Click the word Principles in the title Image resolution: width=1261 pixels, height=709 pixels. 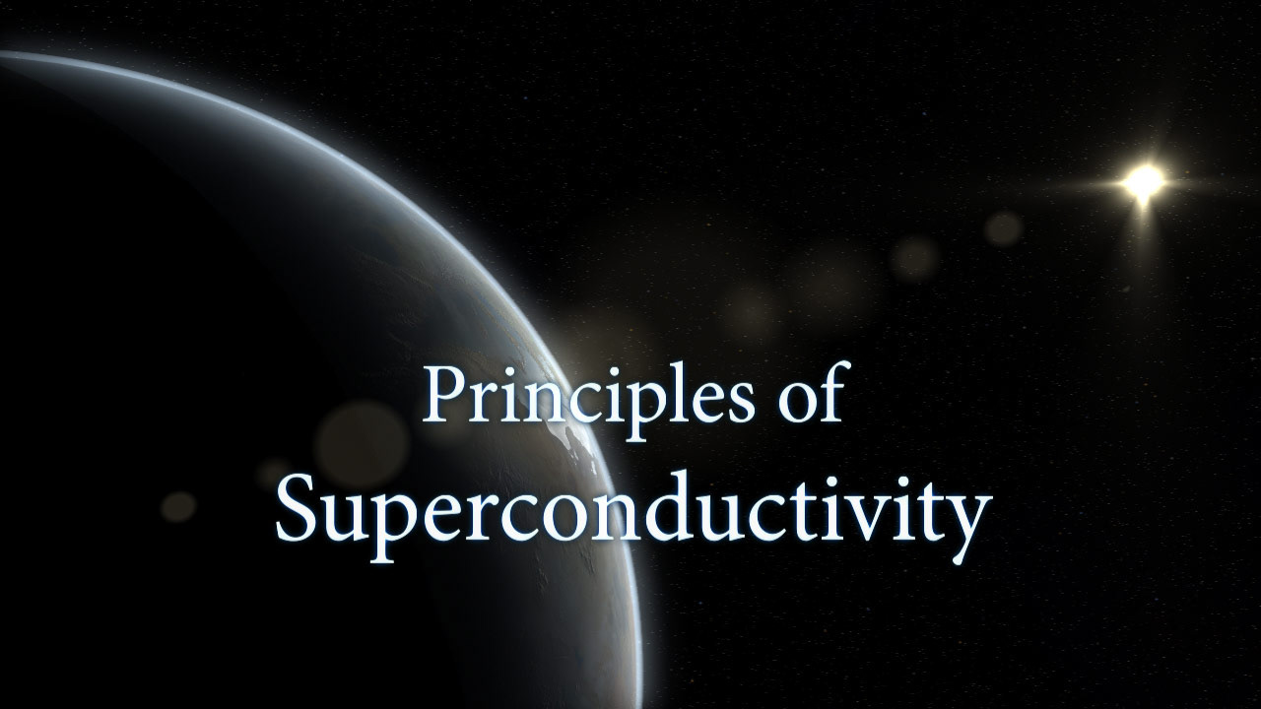click(588, 397)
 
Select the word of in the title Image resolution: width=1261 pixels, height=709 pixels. click(811, 391)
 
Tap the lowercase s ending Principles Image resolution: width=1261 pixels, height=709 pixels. click(739, 401)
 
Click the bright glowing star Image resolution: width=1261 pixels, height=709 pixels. click(1143, 181)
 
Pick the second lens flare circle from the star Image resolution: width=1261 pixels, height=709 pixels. click(915, 258)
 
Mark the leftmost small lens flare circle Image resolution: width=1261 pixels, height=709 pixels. click(178, 506)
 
